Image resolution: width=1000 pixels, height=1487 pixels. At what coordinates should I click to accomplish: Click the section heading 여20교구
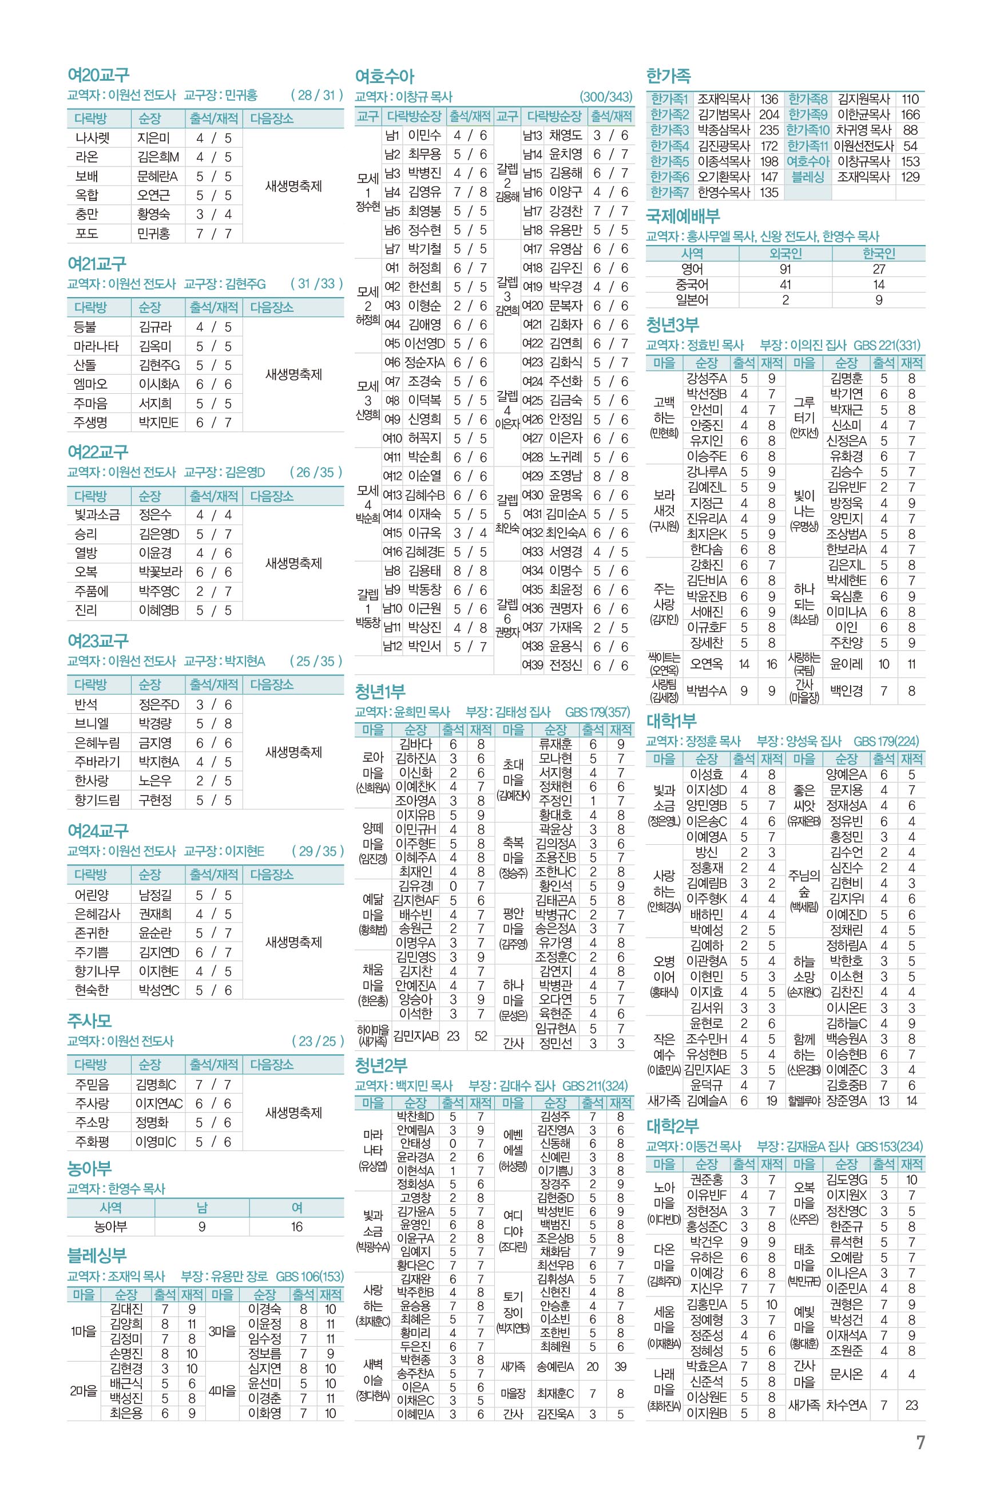98,76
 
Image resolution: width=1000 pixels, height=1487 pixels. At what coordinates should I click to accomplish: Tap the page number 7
920,1443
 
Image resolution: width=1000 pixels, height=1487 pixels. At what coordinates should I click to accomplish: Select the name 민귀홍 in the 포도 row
153,234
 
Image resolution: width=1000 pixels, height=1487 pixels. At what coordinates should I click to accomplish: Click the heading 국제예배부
682,216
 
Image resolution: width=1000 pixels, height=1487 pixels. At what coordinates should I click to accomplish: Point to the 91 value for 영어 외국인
785,269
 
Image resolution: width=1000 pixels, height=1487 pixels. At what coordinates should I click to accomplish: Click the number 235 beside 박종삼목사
769,130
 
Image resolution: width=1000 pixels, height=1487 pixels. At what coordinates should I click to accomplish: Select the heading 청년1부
379,691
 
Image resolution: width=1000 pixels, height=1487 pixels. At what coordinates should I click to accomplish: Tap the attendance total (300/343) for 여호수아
605,97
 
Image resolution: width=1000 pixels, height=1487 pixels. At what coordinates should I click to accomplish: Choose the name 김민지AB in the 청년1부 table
415,1036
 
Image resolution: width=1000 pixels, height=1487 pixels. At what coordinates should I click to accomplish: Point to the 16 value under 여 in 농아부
296,1227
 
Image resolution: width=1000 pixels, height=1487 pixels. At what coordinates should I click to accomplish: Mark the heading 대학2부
672,1126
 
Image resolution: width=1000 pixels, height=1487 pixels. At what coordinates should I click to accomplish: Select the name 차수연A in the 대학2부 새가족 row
846,1405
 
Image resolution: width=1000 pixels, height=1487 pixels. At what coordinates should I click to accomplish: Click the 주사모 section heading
89,1021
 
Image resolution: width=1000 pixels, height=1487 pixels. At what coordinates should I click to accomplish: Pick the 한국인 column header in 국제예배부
878,253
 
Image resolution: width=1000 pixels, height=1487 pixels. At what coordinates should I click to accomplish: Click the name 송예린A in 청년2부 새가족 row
555,1366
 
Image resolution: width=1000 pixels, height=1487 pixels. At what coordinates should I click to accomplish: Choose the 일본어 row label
692,300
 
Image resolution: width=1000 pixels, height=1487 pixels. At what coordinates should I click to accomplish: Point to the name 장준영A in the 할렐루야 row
846,1101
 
